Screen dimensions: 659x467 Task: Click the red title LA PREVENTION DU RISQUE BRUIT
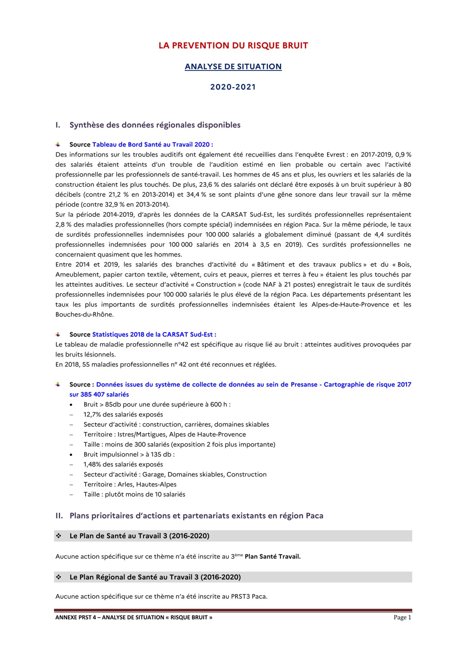[233, 45]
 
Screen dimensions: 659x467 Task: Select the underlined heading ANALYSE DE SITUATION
[233, 67]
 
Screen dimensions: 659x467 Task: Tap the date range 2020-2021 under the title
[233, 87]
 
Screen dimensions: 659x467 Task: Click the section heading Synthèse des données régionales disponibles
[155, 125]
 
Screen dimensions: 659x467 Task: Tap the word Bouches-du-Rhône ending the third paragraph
[84, 314]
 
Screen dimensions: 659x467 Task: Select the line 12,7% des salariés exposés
[123, 415]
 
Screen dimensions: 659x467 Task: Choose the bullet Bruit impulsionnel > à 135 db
[129, 454]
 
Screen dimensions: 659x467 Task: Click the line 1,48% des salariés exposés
[123, 464]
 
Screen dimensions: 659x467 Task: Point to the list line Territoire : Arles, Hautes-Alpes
[130, 484]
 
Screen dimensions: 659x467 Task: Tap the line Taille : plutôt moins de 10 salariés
[134, 494]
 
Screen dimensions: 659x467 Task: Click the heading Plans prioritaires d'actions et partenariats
[196, 516]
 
